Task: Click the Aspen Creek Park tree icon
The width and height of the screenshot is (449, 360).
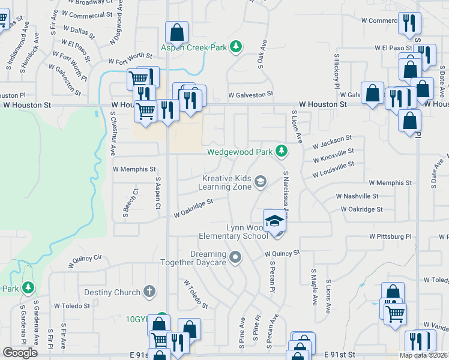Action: pos(237,47)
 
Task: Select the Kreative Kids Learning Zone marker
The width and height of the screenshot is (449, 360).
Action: pos(261,181)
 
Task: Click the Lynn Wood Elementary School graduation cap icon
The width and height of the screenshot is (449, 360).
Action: pos(274,220)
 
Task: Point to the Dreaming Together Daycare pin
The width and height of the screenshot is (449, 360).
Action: pos(235,258)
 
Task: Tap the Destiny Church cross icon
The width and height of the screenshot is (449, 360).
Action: pos(149,292)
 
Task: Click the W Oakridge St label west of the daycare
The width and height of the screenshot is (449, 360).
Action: pos(194,209)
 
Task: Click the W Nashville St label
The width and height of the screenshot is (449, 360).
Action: pos(357,196)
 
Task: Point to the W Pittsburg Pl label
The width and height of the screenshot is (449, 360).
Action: pos(390,236)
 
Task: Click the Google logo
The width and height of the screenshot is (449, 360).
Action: pos(20,353)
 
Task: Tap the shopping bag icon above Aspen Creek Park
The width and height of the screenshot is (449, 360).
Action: pos(177,31)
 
